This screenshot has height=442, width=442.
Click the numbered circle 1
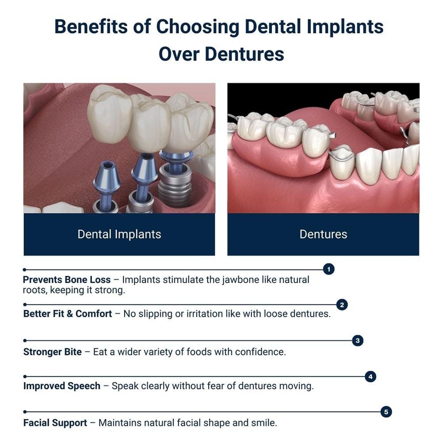coord(328,269)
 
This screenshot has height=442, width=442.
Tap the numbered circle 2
coord(342,305)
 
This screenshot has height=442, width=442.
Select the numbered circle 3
coord(358,340)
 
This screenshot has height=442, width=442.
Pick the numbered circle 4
coord(371,377)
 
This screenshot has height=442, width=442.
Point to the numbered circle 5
coord(386,412)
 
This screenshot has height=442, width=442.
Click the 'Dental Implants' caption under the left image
coord(119,234)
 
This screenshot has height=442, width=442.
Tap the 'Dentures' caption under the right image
coord(323,234)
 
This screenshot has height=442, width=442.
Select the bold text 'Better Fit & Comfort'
coord(68,314)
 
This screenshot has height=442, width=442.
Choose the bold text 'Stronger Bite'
coord(53,352)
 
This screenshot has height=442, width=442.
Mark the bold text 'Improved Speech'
coord(62,386)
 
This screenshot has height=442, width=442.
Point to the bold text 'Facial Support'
coord(55,423)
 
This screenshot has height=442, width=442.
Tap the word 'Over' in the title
coord(179,54)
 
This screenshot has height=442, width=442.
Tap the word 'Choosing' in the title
coord(198,27)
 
